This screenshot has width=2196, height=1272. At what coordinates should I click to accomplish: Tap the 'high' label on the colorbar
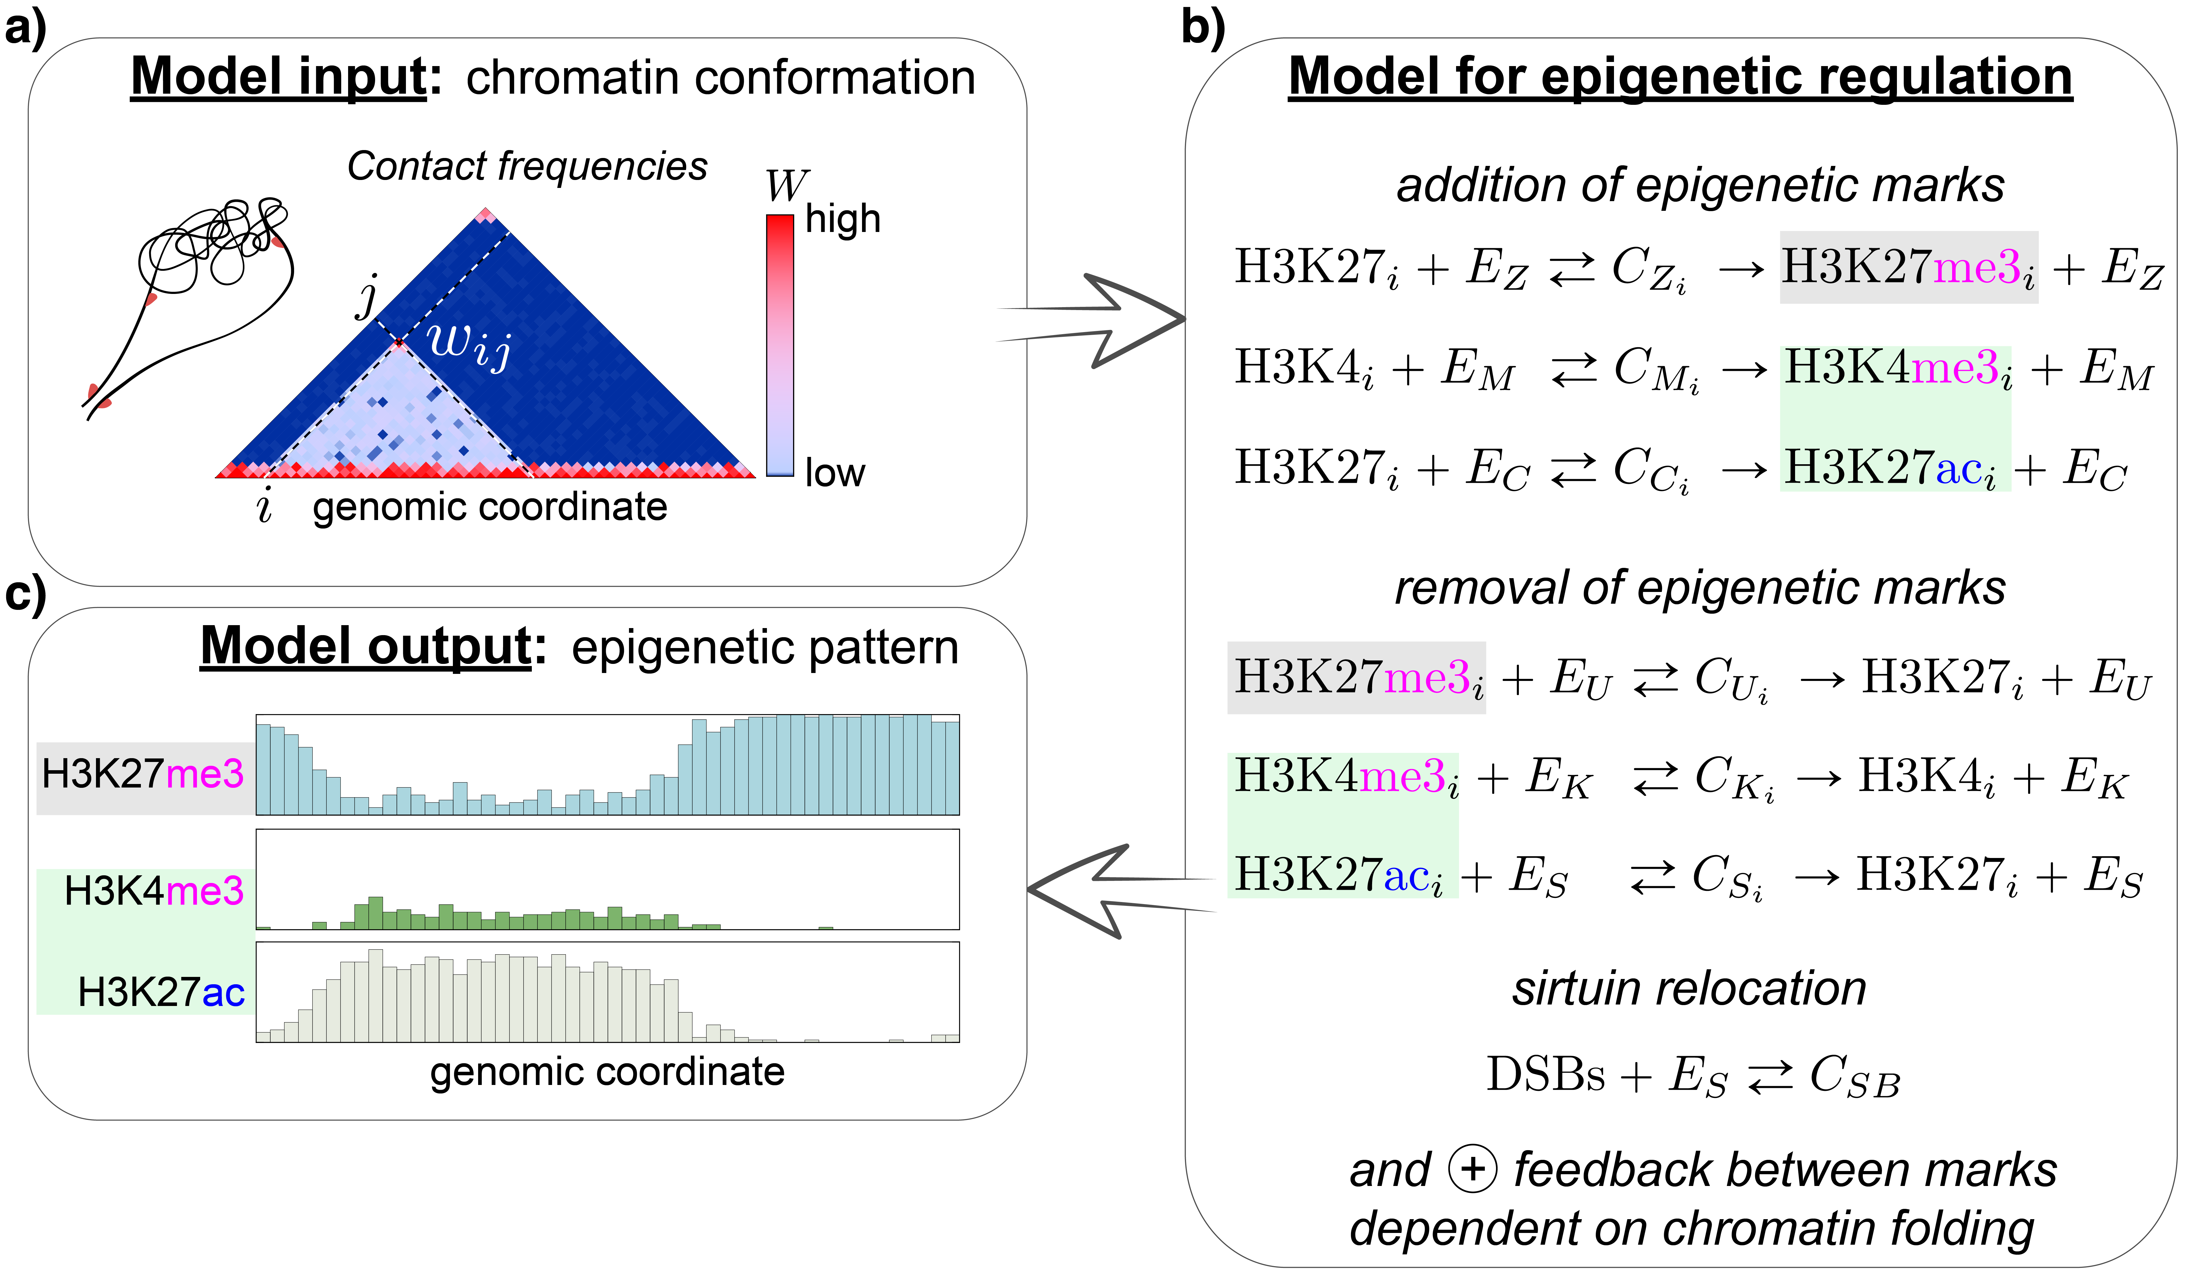(843, 219)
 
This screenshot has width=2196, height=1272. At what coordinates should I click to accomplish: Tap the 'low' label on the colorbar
(835, 472)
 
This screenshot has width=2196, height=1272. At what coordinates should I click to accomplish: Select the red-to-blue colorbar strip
(780, 344)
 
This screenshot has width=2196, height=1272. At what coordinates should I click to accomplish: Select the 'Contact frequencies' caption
(527, 166)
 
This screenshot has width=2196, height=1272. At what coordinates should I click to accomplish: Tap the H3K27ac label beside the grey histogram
(161, 992)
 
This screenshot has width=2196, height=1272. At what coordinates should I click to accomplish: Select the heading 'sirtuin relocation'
(1689, 989)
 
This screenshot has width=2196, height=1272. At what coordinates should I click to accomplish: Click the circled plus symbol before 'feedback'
(1473, 1168)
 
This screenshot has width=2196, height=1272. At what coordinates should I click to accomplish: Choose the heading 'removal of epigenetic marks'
(1699, 588)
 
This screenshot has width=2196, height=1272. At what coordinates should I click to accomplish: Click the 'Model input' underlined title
(279, 77)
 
